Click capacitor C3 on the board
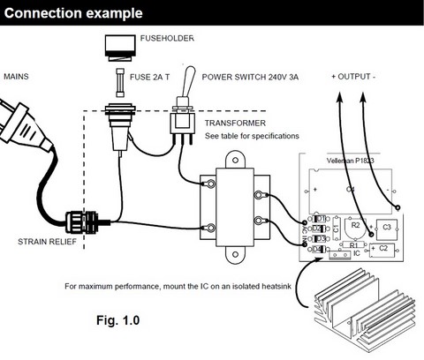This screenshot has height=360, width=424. coord(387,227)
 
